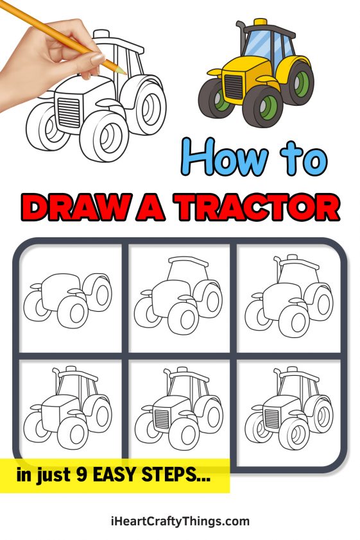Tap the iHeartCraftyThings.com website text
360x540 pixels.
(180, 521)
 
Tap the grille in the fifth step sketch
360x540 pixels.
(163, 419)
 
